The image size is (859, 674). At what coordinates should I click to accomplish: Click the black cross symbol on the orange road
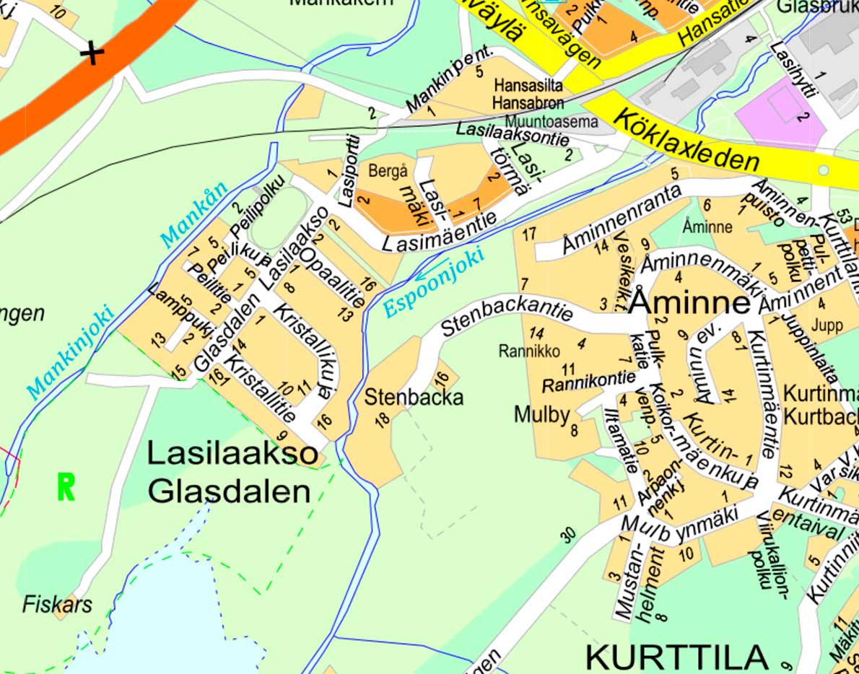click(92, 53)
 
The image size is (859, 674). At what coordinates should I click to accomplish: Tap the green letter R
click(66, 488)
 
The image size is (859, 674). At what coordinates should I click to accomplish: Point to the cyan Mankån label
click(193, 214)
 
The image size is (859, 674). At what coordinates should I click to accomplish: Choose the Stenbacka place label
click(413, 398)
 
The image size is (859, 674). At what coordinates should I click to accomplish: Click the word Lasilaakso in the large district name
click(232, 454)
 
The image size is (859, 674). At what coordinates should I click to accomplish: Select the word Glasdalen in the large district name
click(230, 491)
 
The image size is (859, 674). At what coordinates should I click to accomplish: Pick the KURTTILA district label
click(676, 657)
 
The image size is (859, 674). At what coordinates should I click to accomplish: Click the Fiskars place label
click(57, 604)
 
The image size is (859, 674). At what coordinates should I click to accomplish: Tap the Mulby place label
click(541, 414)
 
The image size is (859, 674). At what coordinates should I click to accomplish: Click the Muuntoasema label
click(551, 121)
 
